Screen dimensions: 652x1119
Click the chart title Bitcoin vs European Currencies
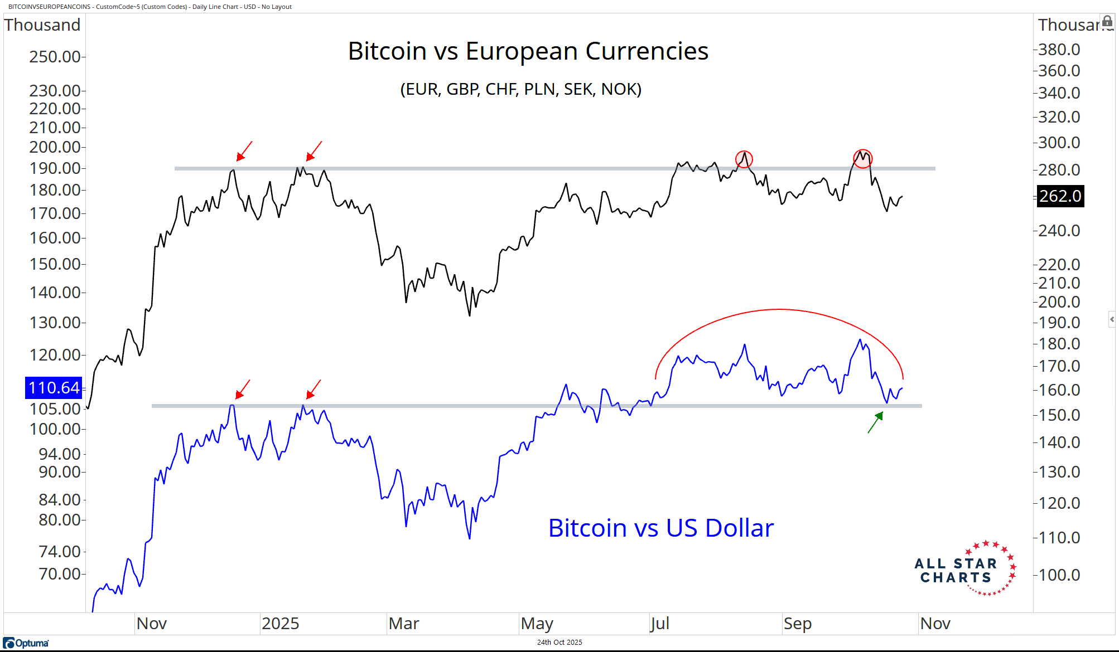tap(528, 51)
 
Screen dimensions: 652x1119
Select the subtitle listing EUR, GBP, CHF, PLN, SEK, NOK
tap(520, 89)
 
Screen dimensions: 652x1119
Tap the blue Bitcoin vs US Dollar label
tap(660, 528)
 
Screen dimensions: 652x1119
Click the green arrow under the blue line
tap(875, 422)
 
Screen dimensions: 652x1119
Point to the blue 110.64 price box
tap(54, 388)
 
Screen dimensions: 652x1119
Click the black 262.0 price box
tap(1060, 196)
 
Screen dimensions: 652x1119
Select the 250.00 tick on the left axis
tap(55, 57)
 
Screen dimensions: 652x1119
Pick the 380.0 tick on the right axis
tap(1059, 50)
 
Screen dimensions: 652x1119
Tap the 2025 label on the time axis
tap(280, 623)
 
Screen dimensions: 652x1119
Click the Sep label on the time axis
tap(797, 623)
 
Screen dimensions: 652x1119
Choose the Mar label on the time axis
tap(403, 623)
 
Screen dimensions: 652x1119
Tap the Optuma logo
tap(26, 643)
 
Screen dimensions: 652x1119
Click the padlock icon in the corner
tap(1107, 22)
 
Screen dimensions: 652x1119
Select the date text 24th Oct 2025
tap(559, 642)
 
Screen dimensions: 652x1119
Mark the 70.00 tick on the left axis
tap(60, 574)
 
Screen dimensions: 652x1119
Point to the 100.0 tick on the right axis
tap(1059, 575)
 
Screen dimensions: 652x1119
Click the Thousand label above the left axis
tap(42, 25)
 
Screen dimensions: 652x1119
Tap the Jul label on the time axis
tap(659, 623)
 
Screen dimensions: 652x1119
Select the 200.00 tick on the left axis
tap(55, 147)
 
